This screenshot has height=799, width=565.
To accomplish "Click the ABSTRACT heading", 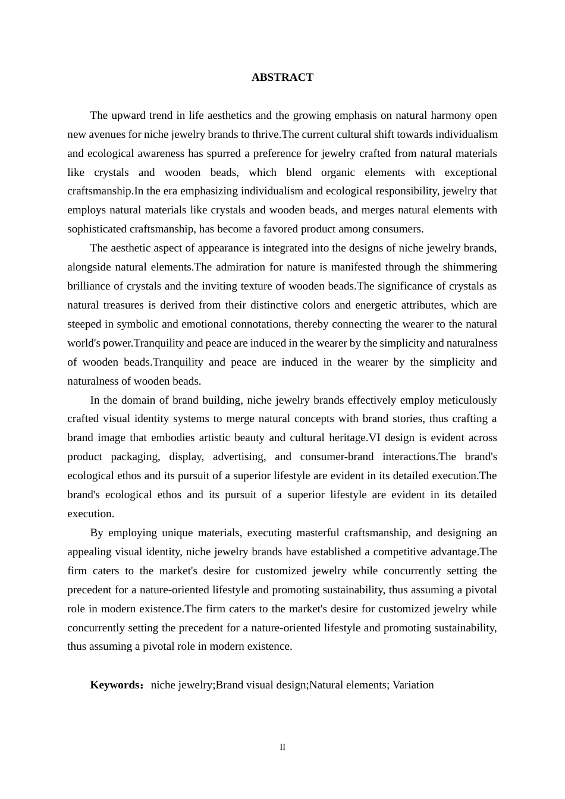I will pos(282,77).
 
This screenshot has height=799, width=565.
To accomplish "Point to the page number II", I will pos(282,747).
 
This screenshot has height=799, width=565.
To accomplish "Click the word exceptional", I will pos(467,172).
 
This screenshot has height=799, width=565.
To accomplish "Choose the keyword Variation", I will pos(413,685).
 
